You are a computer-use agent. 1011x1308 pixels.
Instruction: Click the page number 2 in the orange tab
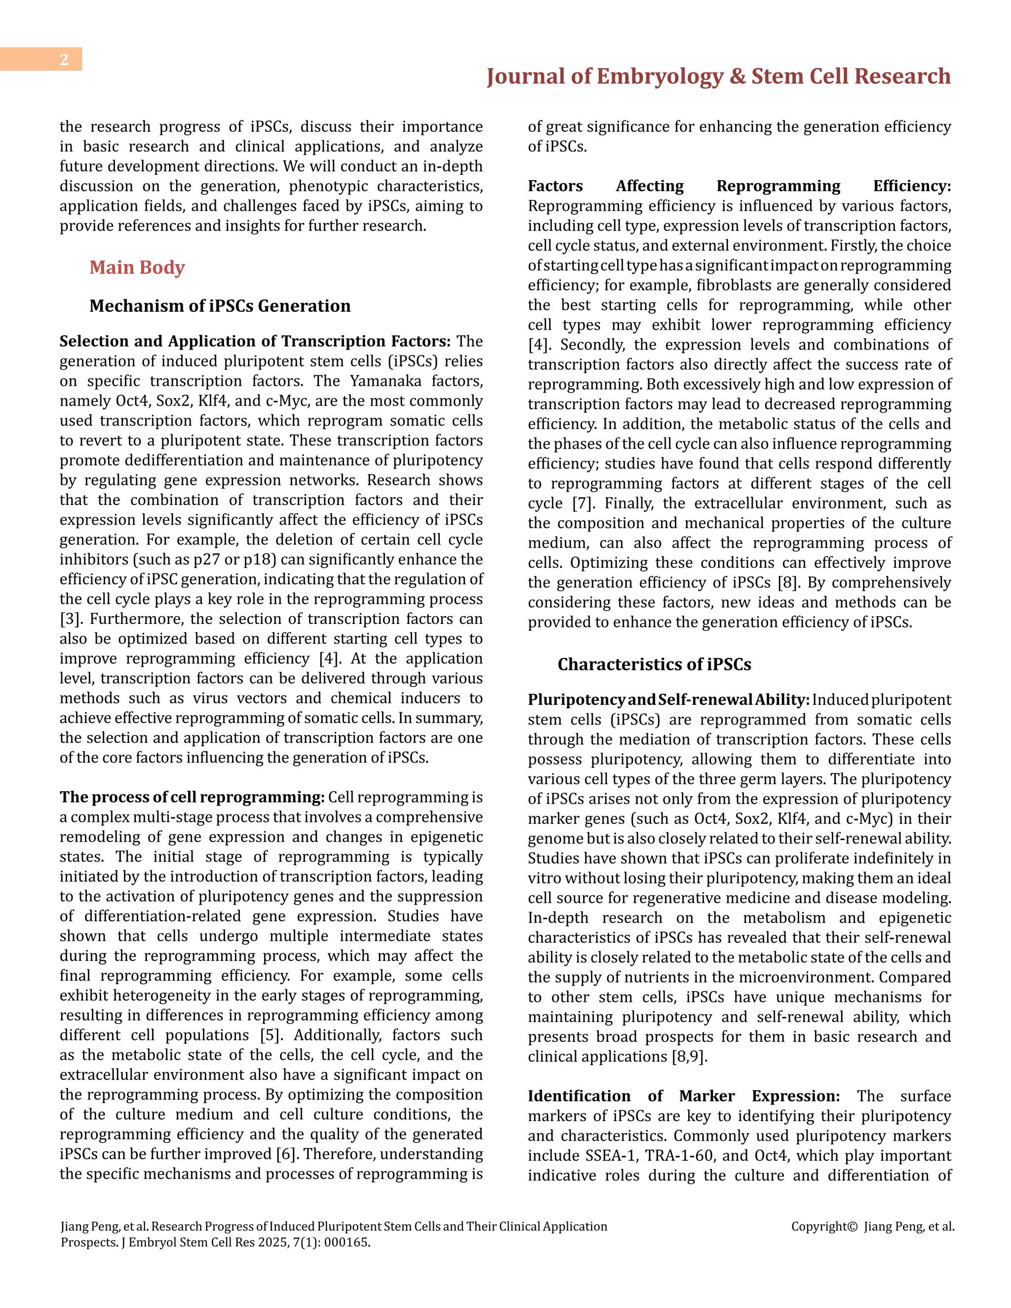pyautogui.click(x=64, y=59)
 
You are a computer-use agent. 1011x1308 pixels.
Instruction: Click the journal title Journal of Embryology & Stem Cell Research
pyautogui.click(x=718, y=77)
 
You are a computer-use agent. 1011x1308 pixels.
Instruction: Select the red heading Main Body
pyautogui.click(x=137, y=267)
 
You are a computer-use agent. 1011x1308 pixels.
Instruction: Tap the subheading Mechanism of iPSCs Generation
pyautogui.click(x=220, y=306)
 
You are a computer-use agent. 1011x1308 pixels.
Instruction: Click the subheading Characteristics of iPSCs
pyautogui.click(x=654, y=664)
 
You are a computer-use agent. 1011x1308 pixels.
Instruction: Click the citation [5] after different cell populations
pyautogui.click(x=271, y=1035)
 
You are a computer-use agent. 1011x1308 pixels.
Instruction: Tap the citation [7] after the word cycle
pyautogui.click(x=582, y=503)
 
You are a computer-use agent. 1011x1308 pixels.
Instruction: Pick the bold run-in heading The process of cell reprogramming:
pyautogui.click(x=192, y=797)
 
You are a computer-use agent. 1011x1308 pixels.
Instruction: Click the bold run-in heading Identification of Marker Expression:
pyautogui.click(x=683, y=1096)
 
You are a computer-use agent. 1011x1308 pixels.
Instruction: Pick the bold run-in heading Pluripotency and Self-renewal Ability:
pyautogui.click(x=668, y=699)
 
